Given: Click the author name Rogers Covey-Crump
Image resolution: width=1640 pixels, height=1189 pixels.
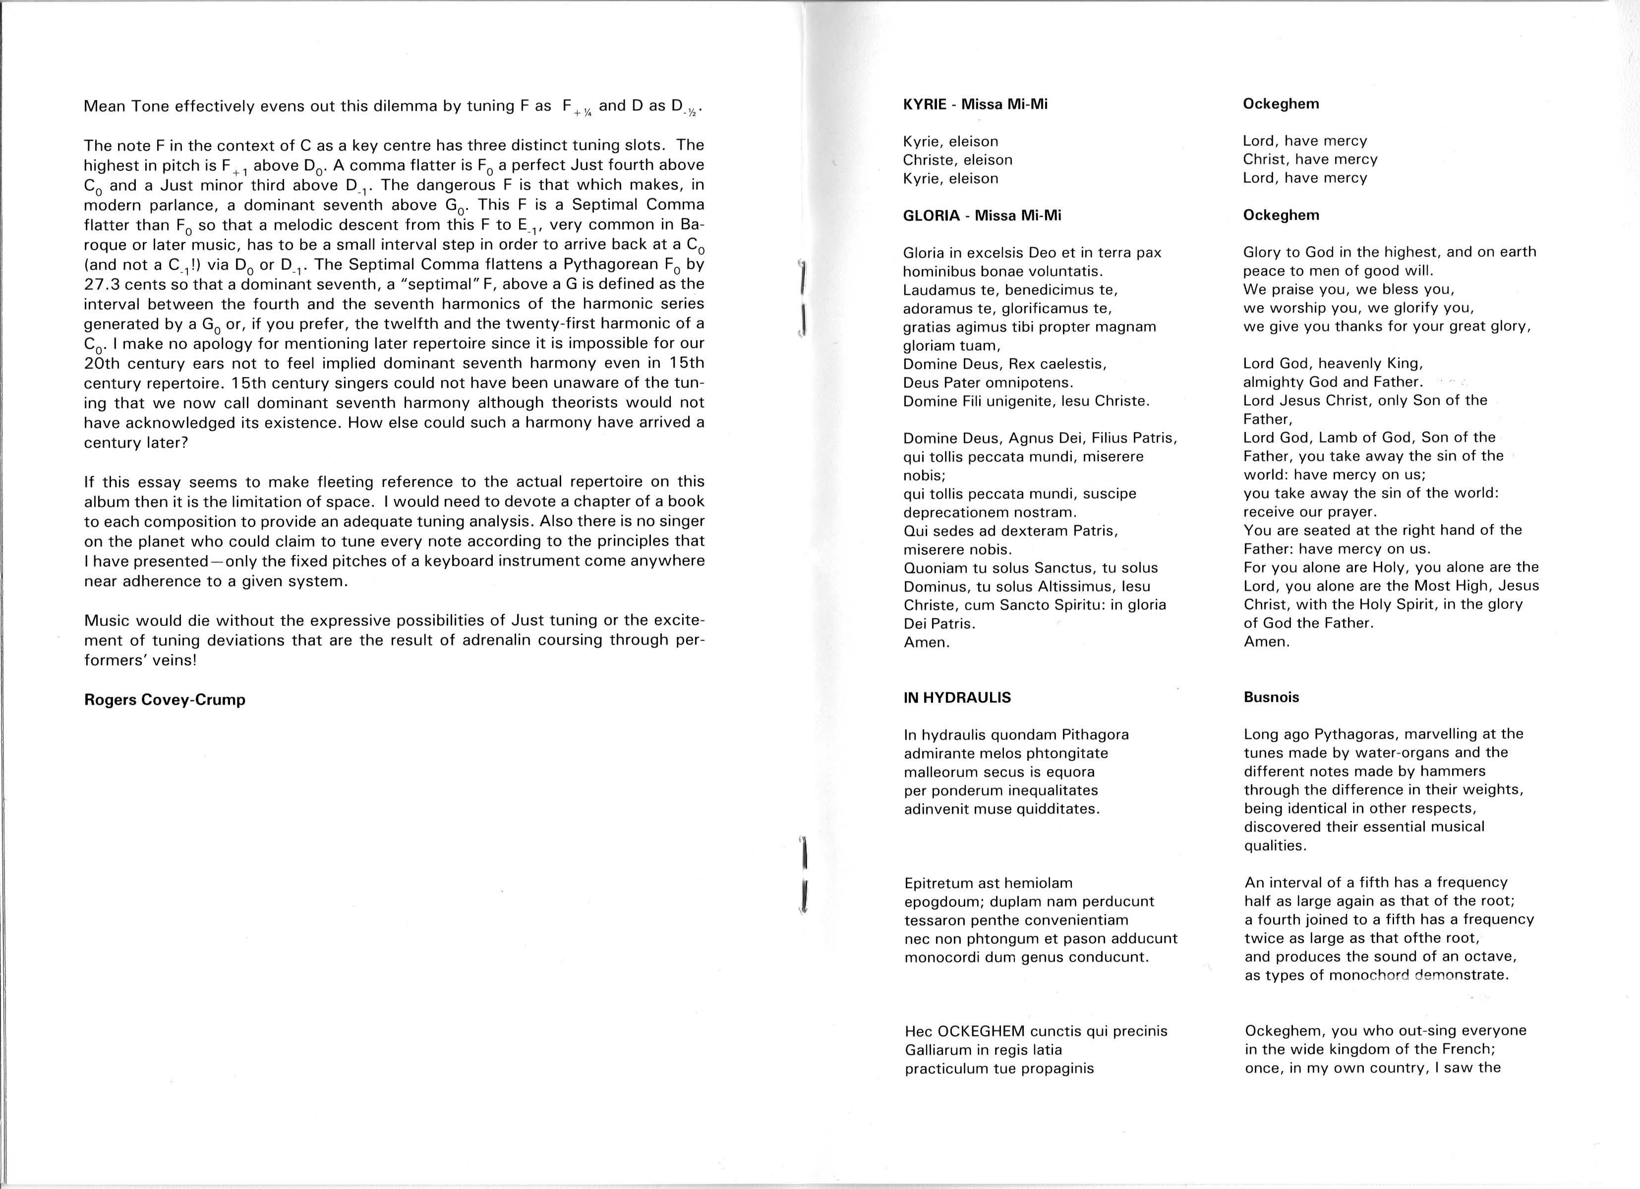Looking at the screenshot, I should [165, 700].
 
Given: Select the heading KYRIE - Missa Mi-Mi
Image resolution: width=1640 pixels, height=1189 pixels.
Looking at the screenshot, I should [975, 104].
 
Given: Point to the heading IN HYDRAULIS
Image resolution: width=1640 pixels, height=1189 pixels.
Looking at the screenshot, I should [957, 698].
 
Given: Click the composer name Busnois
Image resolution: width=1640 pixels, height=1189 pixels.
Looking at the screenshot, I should [1271, 698].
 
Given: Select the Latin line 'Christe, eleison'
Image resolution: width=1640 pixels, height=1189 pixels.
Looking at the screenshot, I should [957, 160].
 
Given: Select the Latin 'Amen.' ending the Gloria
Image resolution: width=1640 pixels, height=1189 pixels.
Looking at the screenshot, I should [926, 642].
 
